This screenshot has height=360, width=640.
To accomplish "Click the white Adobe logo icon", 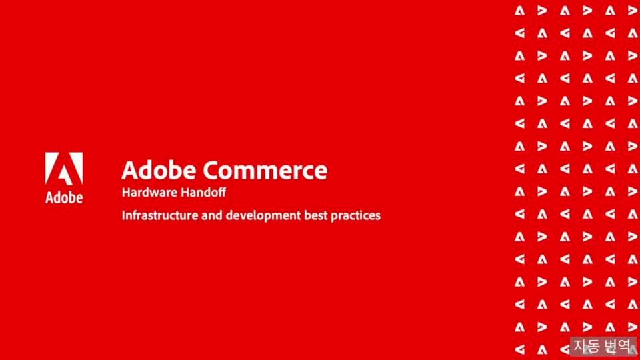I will pyautogui.click(x=64, y=168).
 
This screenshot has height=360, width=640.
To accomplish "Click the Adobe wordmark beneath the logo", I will pyautogui.click(x=64, y=198).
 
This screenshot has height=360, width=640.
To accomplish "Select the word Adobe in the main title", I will pyautogui.click(x=159, y=170).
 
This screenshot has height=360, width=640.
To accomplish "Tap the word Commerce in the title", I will pyautogui.click(x=265, y=170).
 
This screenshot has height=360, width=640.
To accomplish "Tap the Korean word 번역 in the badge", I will pyautogui.click(x=617, y=345).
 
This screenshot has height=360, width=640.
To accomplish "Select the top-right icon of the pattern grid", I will pyautogui.click(x=631, y=10).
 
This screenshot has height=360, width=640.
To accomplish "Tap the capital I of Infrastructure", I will pyautogui.click(x=123, y=215).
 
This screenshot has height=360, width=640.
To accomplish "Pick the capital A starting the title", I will pyautogui.click(x=130, y=170).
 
